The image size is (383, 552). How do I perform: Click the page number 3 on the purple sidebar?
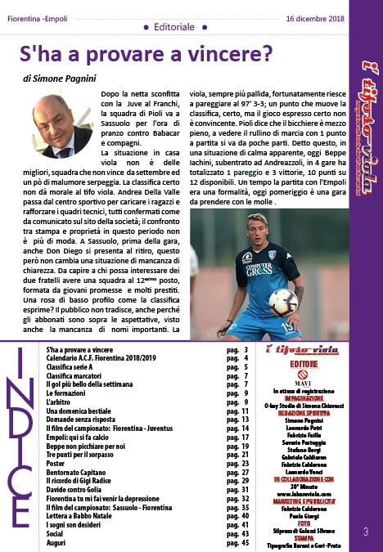[x=365, y=532]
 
